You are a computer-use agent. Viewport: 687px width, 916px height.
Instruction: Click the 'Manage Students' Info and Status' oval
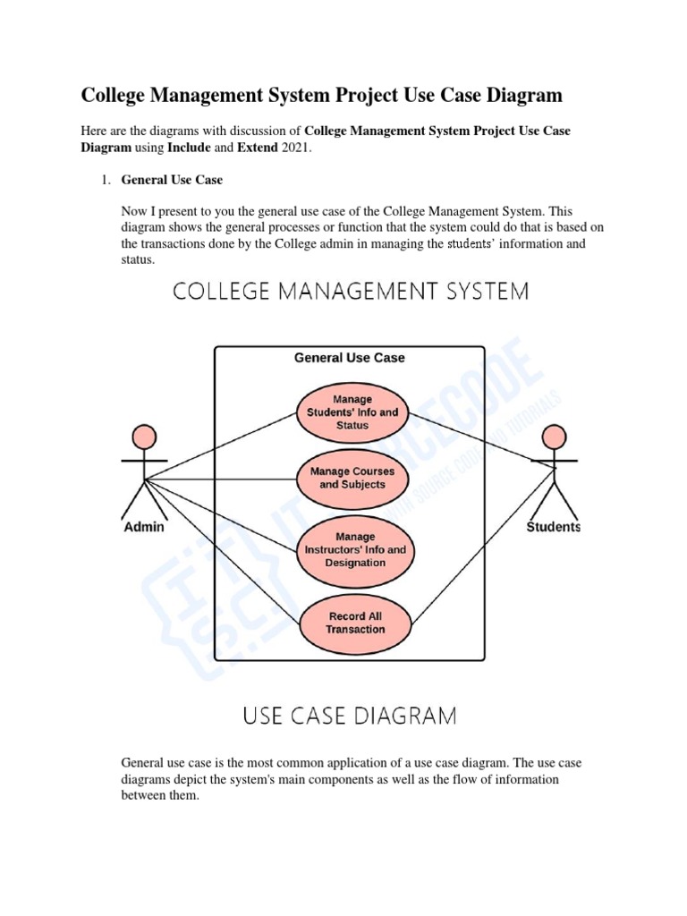352,412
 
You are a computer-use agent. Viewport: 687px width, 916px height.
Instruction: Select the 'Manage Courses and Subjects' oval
352,478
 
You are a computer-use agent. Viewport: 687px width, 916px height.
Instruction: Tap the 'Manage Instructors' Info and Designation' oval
352,549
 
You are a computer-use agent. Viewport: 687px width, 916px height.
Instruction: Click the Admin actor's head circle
142,437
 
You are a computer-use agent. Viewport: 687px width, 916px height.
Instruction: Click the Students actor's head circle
554,437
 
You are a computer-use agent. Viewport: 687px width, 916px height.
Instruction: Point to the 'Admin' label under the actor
143,527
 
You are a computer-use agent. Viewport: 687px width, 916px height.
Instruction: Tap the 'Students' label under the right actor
553,527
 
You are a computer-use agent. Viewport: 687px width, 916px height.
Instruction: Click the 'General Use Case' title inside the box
350,358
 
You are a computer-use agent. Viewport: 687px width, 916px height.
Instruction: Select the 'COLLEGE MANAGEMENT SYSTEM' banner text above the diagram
350,292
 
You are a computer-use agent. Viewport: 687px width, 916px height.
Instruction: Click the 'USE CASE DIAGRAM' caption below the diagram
350,716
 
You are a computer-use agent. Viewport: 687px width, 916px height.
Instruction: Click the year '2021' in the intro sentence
296,148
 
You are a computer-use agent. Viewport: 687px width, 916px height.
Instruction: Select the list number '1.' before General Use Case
104,180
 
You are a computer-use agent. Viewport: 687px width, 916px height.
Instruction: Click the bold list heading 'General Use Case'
172,180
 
